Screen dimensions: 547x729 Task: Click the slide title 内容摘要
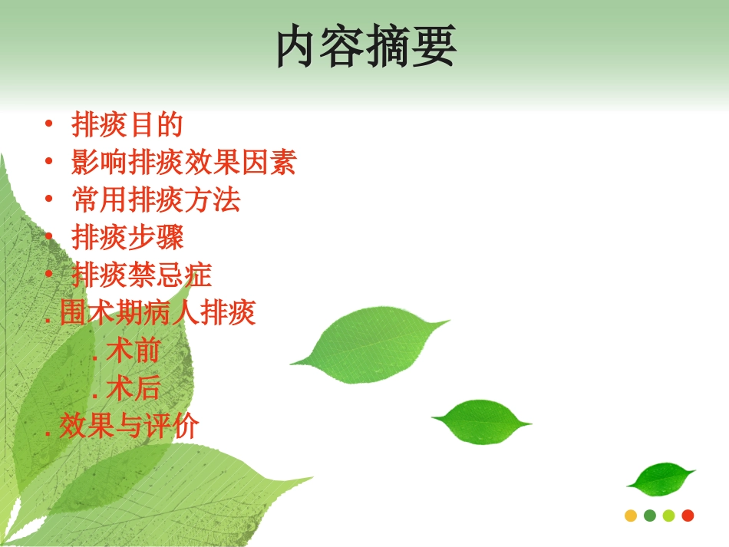[365, 48]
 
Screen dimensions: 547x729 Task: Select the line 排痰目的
[127, 125]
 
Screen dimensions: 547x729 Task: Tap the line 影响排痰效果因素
[183, 163]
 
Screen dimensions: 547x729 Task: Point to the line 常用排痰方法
[156, 200]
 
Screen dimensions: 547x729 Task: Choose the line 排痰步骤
[127, 238]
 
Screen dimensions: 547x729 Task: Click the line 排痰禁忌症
[141, 275]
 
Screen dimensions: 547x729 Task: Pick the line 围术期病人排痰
[157, 313]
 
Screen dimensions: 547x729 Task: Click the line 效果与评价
[128, 427]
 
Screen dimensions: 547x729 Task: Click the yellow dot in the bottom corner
[631, 516]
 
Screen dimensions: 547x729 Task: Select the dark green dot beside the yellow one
[650, 516]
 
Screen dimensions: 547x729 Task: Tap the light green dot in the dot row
[668, 516]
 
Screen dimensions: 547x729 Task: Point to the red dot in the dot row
[688, 516]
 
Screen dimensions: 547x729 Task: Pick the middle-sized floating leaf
[481, 420]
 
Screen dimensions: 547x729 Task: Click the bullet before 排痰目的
[49, 125]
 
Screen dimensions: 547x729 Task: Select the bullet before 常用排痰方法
[49, 200]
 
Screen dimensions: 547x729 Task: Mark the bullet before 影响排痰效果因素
[49, 163]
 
